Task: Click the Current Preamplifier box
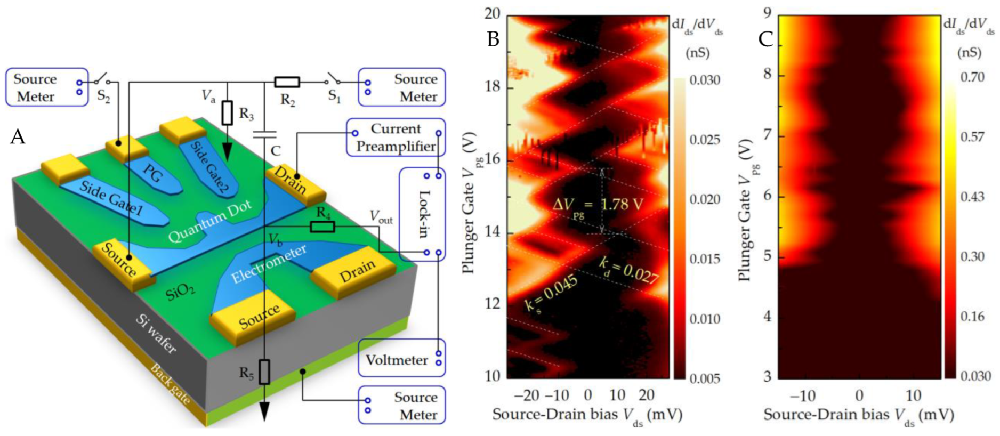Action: pos(396,138)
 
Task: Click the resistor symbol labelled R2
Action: pos(287,83)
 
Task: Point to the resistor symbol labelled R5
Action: pos(264,372)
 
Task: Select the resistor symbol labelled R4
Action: pos(322,227)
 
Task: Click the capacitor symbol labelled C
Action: pos(264,134)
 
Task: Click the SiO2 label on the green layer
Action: pos(180,292)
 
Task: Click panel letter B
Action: pos(493,39)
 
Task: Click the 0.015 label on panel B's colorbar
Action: pos(705,259)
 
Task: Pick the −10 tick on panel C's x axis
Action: pos(802,395)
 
